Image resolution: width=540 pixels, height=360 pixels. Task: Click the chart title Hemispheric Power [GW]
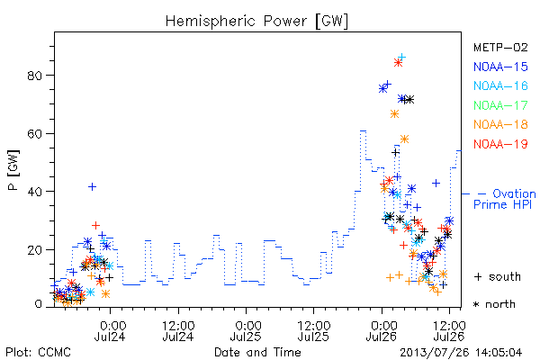point(256,22)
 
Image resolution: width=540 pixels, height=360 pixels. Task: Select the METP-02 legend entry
point(500,47)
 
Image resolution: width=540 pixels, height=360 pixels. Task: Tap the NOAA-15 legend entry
point(500,67)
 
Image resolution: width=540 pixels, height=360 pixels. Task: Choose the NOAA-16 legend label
point(500,85)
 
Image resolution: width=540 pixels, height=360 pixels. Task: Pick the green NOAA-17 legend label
point(500,105)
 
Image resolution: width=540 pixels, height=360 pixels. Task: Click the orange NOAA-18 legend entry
point(500,124)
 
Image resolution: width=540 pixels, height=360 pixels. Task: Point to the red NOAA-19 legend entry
point(500,144)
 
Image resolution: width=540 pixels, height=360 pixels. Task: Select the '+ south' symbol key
point(498,276)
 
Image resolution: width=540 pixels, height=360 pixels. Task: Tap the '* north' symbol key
point(494,304)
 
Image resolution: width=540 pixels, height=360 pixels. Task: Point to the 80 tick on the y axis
point(35,76)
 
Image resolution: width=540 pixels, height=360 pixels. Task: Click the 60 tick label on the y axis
point(35,134)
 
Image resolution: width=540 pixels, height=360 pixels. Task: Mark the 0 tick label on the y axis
point(38,304)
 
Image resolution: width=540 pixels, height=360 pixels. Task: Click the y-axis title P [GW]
point(13,170)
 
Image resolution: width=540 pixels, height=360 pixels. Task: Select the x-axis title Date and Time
point(257,353)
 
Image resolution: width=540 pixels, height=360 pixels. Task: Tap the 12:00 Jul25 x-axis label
point(314,330)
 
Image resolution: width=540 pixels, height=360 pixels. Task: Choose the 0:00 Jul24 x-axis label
point(110,330)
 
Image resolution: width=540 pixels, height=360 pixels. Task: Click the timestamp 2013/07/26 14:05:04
point(461,353)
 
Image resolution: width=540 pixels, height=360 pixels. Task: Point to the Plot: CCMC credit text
point(38,353)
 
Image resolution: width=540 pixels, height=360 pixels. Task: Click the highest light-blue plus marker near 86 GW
point(401,58)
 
